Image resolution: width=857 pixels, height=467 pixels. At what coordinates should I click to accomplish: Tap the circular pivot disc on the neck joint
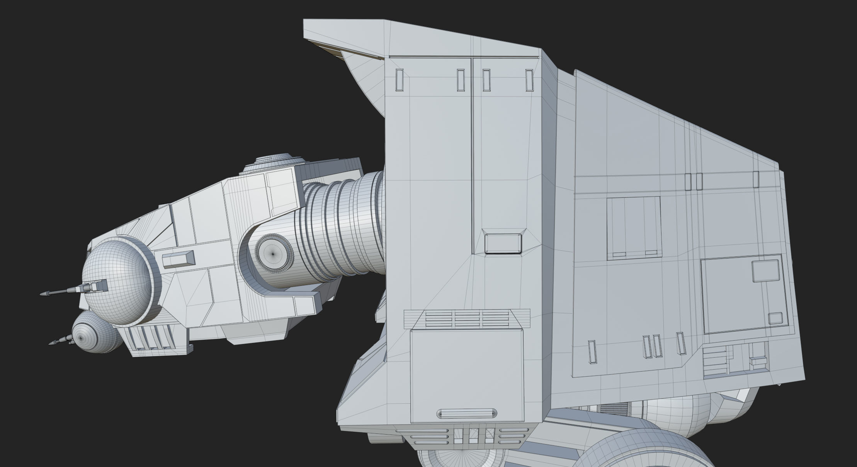click(274, 253)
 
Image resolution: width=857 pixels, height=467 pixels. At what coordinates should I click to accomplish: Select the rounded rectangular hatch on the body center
click(503, 244)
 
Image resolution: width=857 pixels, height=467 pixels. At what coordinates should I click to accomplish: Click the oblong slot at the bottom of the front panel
click(467, 414)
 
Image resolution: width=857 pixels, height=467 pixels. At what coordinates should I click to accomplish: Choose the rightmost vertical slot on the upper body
click(529, 80)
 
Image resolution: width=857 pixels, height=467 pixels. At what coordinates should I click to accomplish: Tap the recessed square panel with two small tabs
click(633, 228)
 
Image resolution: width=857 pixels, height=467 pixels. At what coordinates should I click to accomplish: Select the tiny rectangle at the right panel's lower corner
click(775, 318)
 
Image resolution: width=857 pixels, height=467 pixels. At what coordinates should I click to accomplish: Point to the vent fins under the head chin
click(151, 338)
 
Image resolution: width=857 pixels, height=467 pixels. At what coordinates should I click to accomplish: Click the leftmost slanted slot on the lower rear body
click(592, 352)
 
